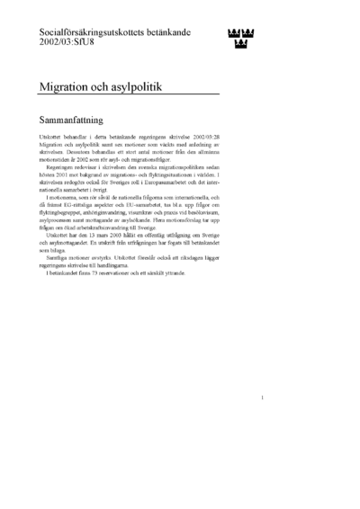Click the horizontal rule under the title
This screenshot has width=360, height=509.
click(x=129, y=94)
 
